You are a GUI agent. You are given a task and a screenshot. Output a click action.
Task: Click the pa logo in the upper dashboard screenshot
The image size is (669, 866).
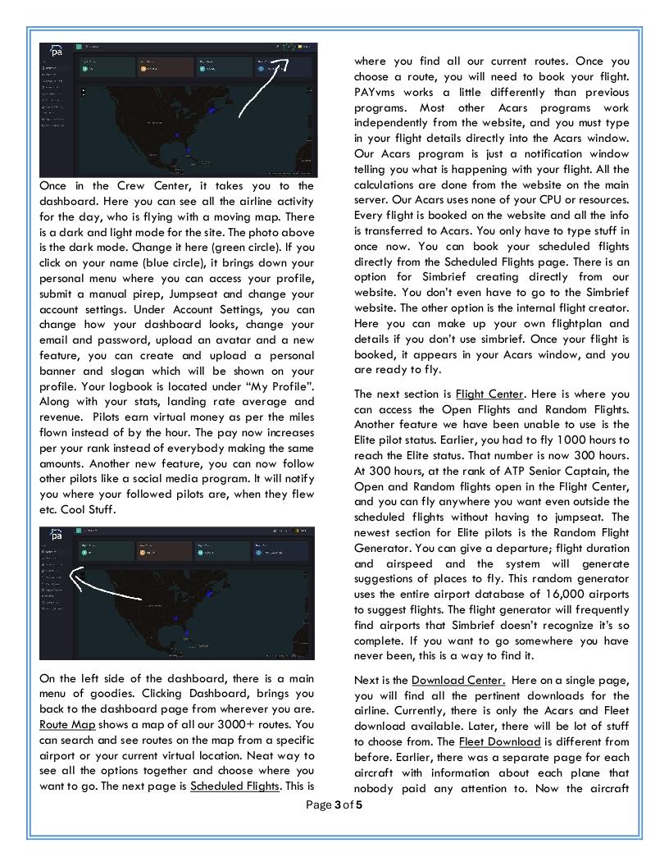[57, 51]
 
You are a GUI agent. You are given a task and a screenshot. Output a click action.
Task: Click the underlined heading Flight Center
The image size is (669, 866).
[489, 394]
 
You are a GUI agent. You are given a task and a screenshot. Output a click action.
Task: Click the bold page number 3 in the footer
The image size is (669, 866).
[337, 804]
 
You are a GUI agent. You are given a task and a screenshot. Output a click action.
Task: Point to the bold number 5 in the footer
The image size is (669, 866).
[358, 804]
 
